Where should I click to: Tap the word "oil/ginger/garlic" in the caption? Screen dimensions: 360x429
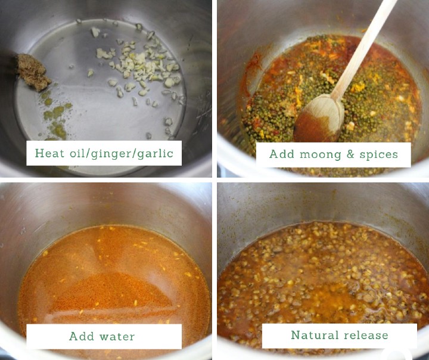coord(119,154)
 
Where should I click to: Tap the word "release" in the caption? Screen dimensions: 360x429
coord(365,335)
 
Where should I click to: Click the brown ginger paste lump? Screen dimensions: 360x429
coord(33,72)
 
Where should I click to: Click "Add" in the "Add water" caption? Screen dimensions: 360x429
coord(81,336)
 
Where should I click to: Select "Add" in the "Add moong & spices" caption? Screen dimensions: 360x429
coord(281,154)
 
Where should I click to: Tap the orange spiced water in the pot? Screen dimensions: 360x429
coord(113,274)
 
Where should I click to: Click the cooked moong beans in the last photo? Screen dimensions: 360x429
coord(322,268)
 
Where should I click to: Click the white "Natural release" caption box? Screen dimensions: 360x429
coord(339,336)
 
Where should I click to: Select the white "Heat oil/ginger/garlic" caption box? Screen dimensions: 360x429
coord(104,153)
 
